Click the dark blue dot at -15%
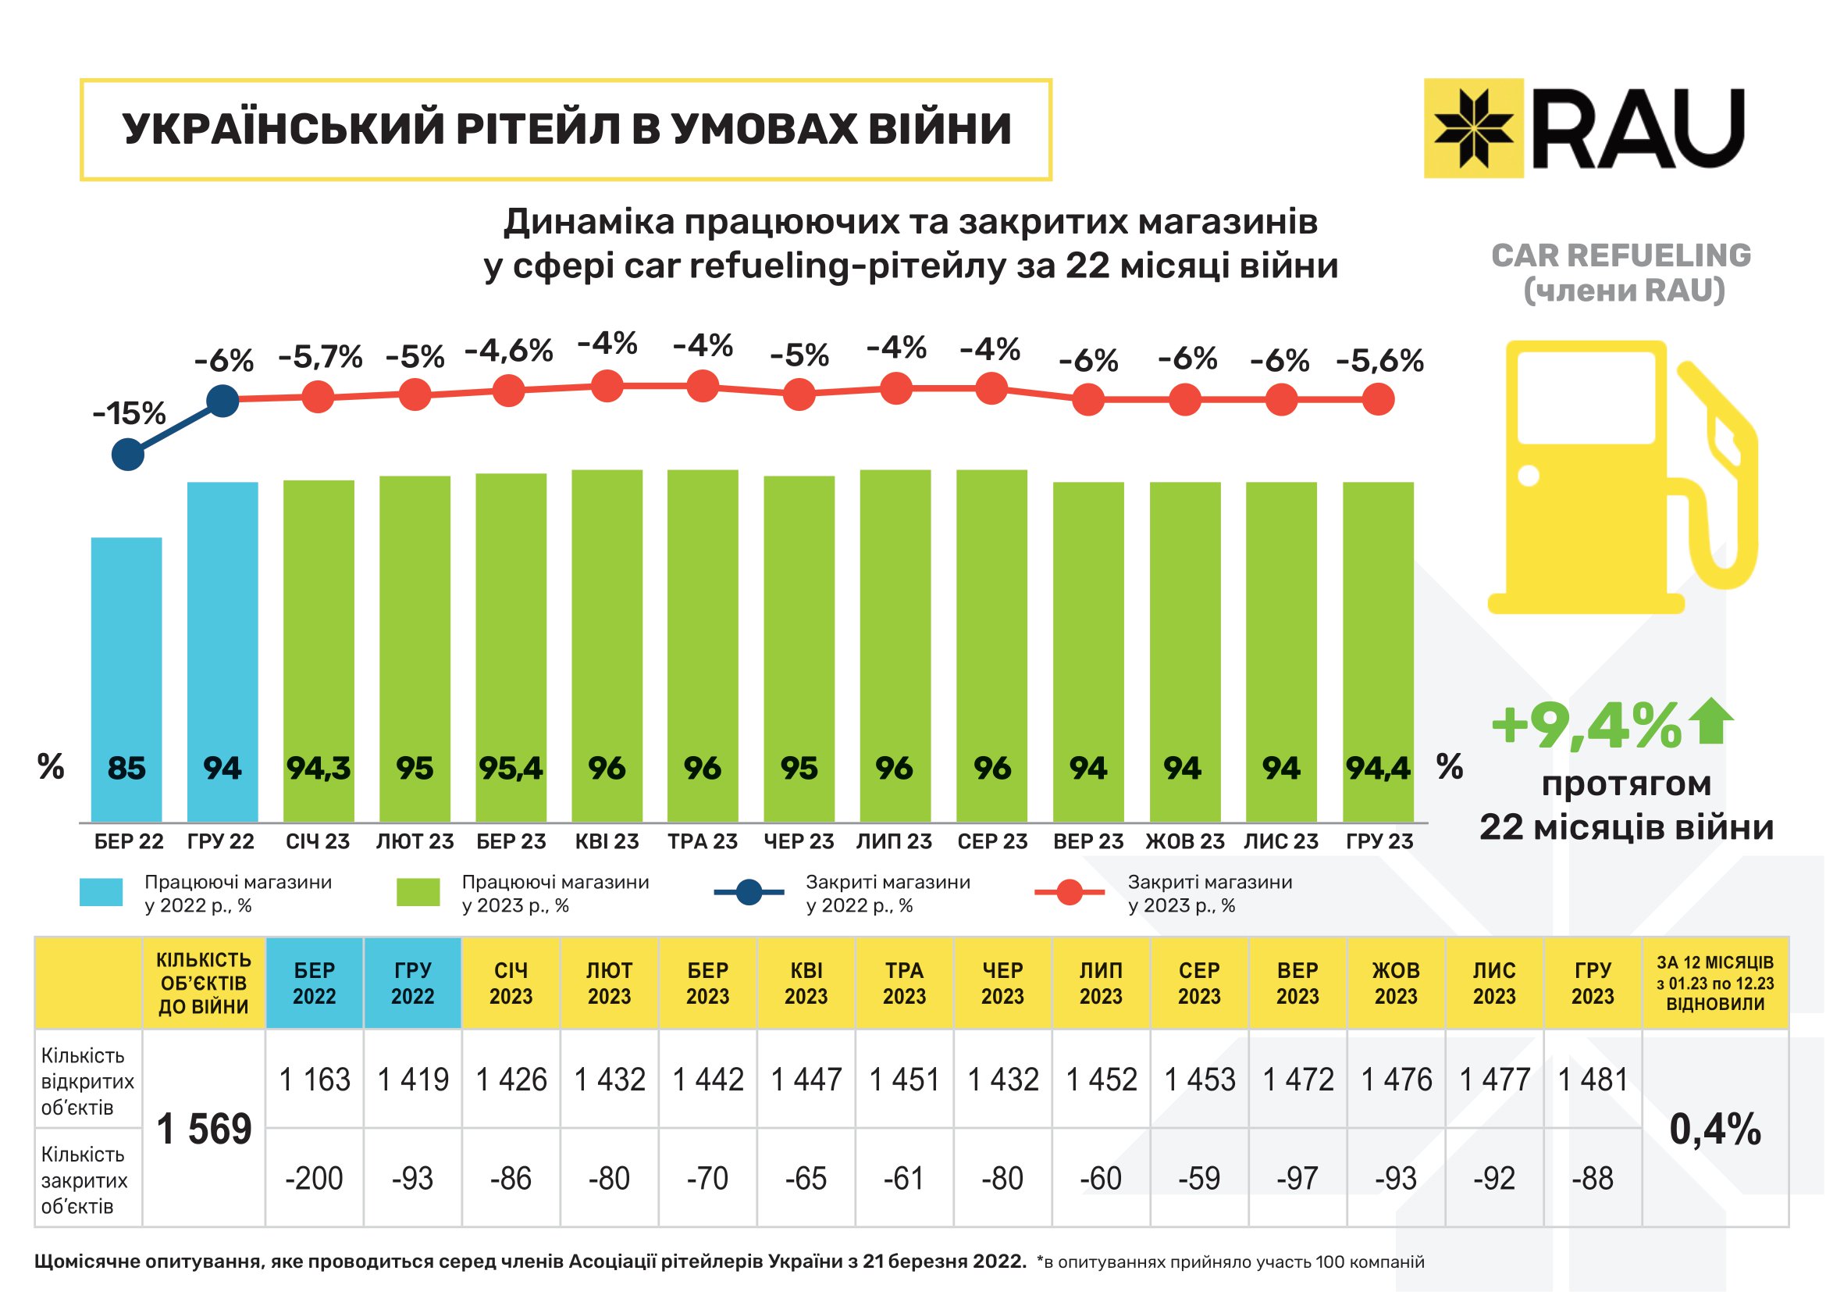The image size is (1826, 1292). click(128, 455)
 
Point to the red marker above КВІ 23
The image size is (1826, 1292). click(607, 386)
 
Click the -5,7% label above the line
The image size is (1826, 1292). click(320, 357)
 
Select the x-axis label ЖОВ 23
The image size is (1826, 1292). click(1185, 841)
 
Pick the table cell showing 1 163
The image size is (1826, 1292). click(314, 1080)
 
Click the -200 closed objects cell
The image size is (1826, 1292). click(314, 1178)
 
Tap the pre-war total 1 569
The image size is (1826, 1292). click(204, 1129)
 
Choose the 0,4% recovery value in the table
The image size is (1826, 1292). click(1715, 1129)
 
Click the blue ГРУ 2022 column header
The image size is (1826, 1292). click(412, 983)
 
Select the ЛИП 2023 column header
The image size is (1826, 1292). click(1101, 983)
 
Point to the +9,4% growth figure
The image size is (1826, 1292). click(1586, 726)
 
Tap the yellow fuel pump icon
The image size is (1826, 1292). click(1614, 477)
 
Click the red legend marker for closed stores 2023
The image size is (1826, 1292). click(1070, 892)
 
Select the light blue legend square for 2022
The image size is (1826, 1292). click(101, 892)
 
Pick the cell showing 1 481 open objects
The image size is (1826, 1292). click(1592, 1080)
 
